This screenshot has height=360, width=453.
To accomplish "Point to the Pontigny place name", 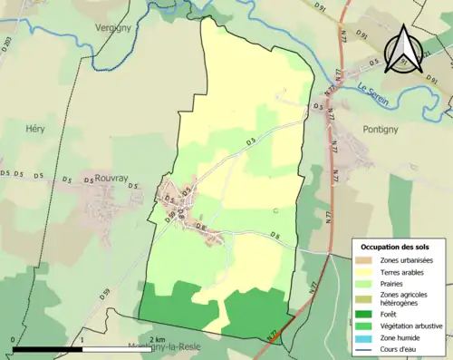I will pyautogui.click(x=389, y=129).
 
